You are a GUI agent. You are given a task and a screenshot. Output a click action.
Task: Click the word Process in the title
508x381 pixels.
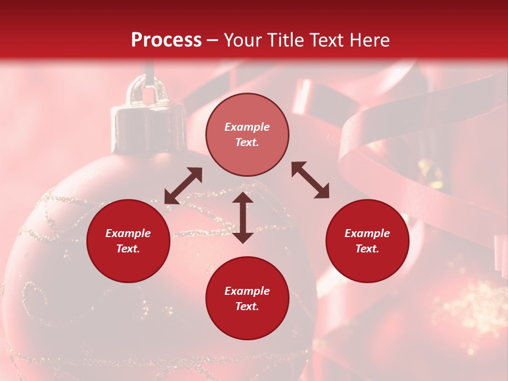point(166,40)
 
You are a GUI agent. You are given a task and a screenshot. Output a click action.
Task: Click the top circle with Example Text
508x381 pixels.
point(247,135)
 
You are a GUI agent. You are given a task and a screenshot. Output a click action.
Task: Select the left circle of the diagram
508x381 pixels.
point(128,241)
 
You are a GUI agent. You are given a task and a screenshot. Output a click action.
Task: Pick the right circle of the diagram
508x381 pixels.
point(367,241)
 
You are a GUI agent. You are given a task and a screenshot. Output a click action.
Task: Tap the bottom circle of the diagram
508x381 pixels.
point(247,298)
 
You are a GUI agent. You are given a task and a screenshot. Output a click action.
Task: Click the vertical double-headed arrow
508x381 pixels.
point(243,217)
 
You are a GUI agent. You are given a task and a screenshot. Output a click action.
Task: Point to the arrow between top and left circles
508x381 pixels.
point(183,186)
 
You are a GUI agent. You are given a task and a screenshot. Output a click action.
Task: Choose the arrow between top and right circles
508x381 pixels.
point(311,180)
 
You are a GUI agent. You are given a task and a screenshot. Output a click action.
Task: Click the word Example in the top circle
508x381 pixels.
point(247,127)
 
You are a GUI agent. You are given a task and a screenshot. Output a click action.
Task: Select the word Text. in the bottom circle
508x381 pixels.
point(247,306)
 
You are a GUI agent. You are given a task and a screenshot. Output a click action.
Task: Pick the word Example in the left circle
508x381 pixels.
point(128,233)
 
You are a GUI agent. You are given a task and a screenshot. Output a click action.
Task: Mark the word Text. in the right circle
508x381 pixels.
point(367,249)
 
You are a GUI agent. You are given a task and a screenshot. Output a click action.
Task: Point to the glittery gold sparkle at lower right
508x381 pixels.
point(466,307)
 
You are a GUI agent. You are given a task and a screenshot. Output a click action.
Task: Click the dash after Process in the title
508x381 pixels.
point(213,40)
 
